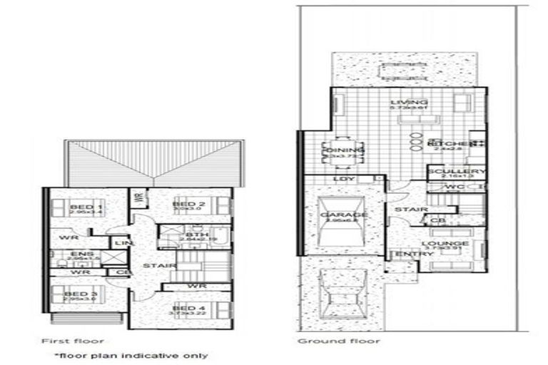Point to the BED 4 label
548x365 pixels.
pyautogui.click(x=184, y=308)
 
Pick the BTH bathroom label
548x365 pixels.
pyautogui.click(x=192, y=235)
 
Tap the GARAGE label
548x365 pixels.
pyautogui.click(x=345, y=215)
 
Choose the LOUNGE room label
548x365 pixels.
pyautogui.click(x=450, y=244)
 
